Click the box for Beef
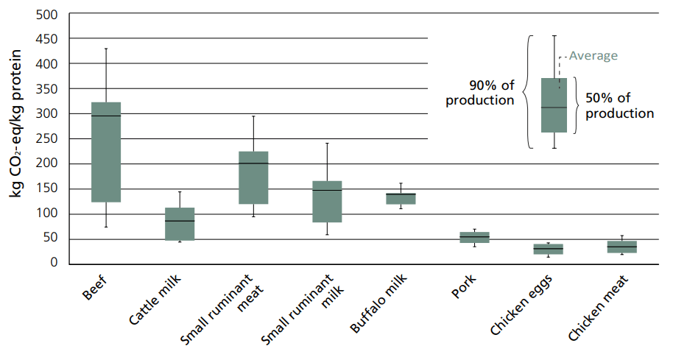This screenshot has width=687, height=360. tap(106, 152)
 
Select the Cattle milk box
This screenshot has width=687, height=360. tap(180, 224)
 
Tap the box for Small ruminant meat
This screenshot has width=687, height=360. tap(253, 177)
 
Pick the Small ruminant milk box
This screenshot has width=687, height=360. tap(327, 201)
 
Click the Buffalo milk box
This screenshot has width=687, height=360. tap(401, 199)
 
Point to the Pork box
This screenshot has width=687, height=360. tap(474, 237)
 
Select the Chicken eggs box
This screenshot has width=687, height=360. tap(548, 249)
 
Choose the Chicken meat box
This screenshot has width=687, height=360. tap(621, 247)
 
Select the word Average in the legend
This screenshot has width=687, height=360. tap(593, 55)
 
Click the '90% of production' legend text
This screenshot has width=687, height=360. tap(480, 92)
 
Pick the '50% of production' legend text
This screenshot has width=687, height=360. tap(619, 105)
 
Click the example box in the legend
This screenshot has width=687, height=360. tap(554, 105)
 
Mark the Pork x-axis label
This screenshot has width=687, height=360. tap(464, 288)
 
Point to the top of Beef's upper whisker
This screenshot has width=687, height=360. tap(106, 49)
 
